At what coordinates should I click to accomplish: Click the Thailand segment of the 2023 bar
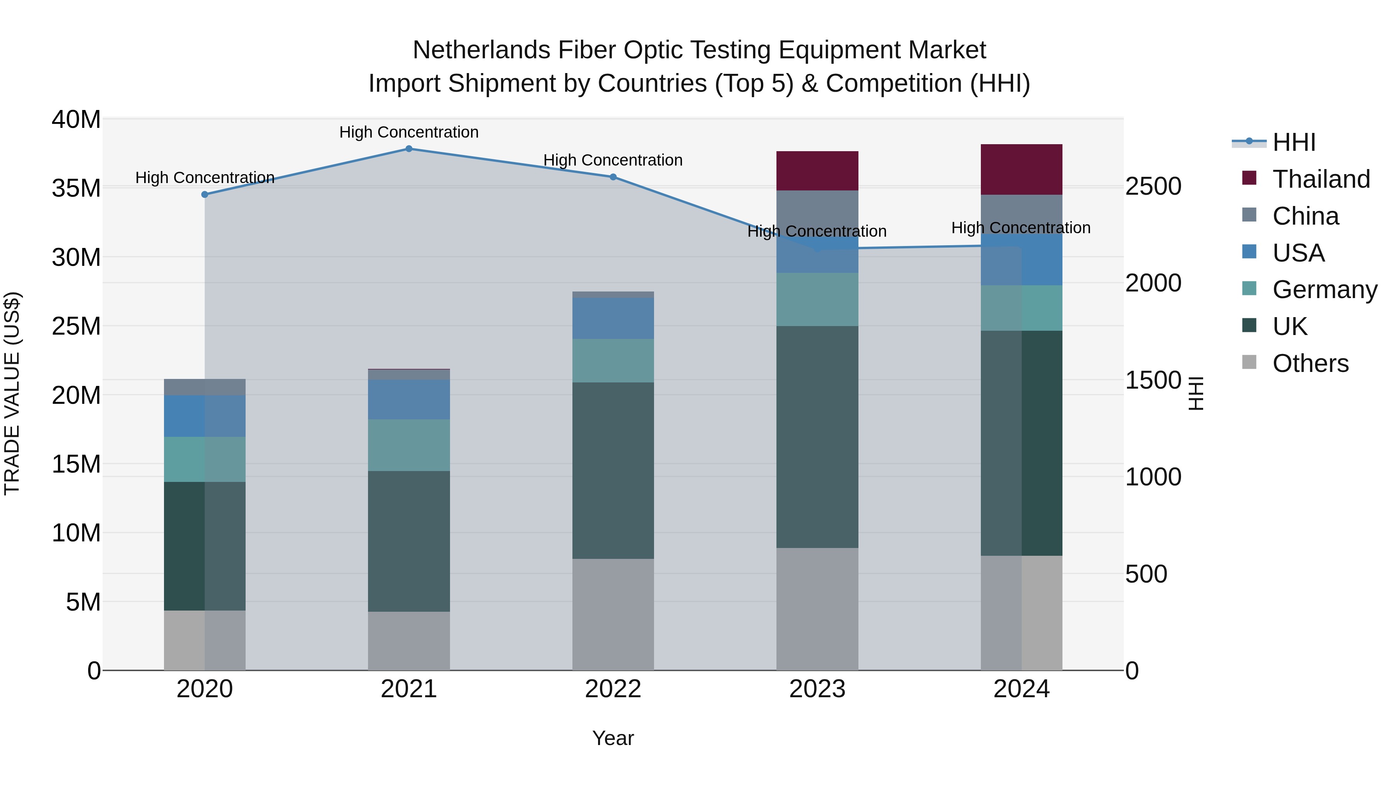[x=817, y=171]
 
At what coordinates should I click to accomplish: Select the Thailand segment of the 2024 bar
[x=1021, y=169]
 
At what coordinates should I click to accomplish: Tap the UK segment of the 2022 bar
[x=612, y=470]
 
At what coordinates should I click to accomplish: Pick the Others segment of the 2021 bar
[x=408, y=641]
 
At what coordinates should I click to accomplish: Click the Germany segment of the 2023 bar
[x=817, y=299]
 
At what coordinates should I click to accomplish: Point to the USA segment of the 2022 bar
[x=612, y=318]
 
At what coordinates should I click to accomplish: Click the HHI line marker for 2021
[x=409, y=148]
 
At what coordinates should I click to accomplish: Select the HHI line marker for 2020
[x=205, y=194]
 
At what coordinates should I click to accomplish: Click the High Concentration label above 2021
[x=408, y=132]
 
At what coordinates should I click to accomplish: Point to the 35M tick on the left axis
[x=76, y=188]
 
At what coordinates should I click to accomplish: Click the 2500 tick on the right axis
[x=1153, y=186]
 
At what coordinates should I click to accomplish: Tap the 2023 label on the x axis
[x=817, y=689]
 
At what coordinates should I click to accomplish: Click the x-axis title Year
[x=612, y=738]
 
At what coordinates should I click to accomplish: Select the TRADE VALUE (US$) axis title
[x=12, y=394]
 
